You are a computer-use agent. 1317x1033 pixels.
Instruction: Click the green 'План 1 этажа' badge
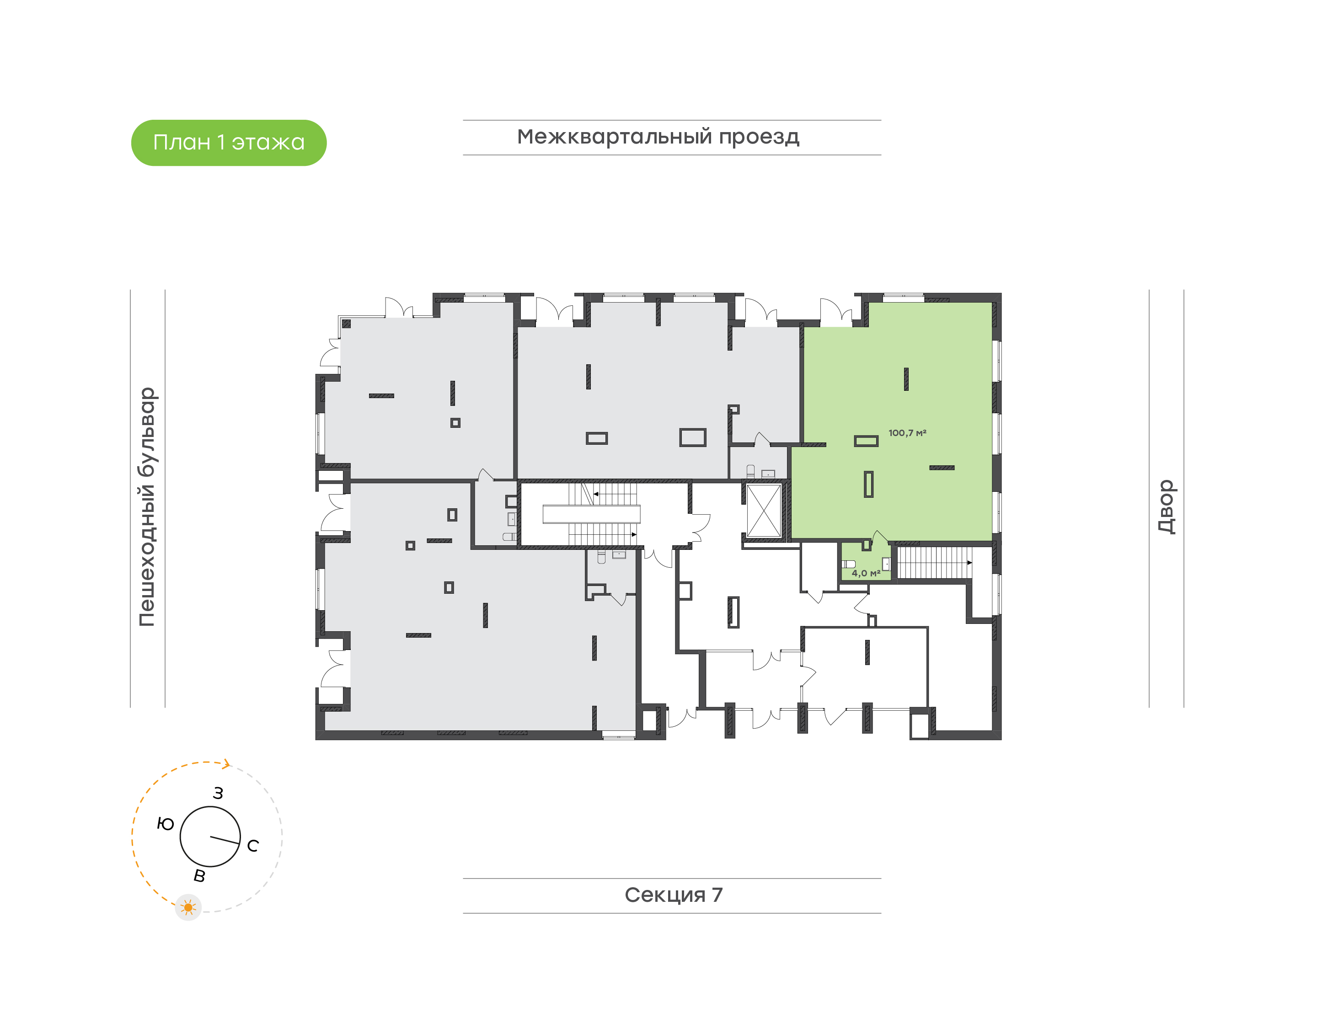tap(229, 143)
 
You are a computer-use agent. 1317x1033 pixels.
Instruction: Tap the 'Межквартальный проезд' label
tap(658, 137)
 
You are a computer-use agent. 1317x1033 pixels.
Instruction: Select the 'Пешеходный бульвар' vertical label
tap(147, 507)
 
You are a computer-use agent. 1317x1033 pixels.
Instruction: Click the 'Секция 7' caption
tap(673, 895)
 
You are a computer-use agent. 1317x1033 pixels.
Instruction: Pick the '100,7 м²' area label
tap(907, 433)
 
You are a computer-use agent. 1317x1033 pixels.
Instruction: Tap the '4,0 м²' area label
tap(866, 573)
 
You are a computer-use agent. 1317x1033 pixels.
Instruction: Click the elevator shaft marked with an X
tap(764, 511)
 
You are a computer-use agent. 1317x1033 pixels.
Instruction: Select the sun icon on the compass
tap(188, 908)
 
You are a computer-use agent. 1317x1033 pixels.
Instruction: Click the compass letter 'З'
tap(218, 793)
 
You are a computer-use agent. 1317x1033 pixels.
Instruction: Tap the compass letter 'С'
tap(253, 846)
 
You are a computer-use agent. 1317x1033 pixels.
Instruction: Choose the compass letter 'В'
tap(199, 876)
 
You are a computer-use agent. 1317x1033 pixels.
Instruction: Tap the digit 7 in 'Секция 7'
tap(717, 895)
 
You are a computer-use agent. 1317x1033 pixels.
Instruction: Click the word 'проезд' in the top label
tap(759, 137)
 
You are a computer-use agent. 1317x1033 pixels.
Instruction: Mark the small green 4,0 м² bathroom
tap(866, 563)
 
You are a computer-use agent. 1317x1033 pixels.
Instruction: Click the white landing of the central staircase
tap(591, 514)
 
